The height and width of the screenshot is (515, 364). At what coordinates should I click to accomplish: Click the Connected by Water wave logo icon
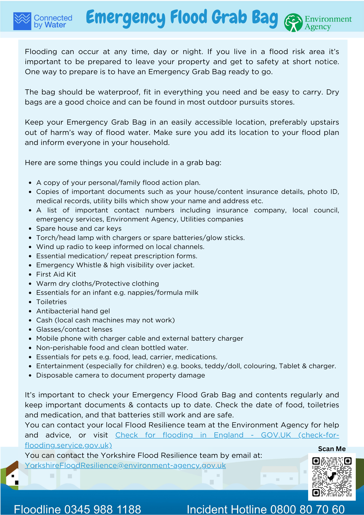(x=22, y=21)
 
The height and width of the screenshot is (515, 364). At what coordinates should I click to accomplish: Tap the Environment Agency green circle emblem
(x=293, y=23)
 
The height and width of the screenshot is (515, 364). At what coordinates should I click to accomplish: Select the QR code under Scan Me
(x=332, y=477)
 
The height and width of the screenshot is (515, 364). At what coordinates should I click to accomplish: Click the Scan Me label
(x=332, y=449)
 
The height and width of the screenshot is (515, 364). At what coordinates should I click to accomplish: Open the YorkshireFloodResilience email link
(x=125, y=466)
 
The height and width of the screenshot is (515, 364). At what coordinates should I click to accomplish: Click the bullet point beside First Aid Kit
(x=30, y=275)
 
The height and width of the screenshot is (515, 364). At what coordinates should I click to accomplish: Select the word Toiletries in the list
(x=51, y=302)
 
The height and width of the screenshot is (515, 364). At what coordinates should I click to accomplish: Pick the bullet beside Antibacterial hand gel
(x=30, y=312)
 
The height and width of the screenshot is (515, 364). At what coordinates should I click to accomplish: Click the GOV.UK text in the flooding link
(x=276, y=435)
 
